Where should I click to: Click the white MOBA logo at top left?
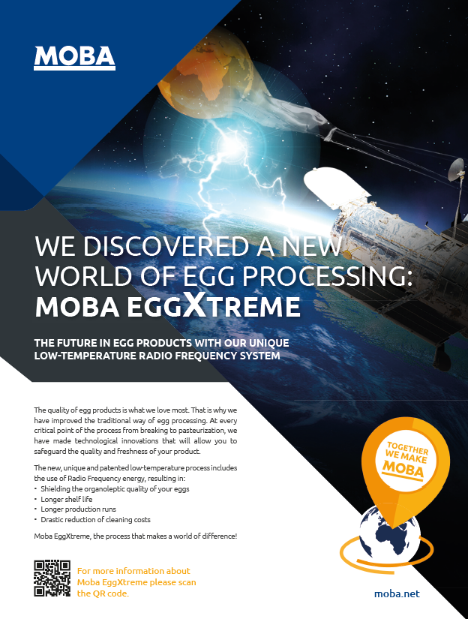(74, 58)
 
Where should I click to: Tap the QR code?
(52, 578)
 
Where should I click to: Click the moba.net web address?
(397, 593)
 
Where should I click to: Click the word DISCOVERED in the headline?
(166, 246)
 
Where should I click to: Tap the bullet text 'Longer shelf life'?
(66, 499)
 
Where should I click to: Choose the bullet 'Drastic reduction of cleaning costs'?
(95, 519)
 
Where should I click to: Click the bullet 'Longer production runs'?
(78, 509)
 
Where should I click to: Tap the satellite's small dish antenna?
(457, 168)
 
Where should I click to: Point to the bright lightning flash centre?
(230, 146)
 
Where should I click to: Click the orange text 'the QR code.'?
(103, 593)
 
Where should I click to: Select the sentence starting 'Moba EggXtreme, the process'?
(135, 536)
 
